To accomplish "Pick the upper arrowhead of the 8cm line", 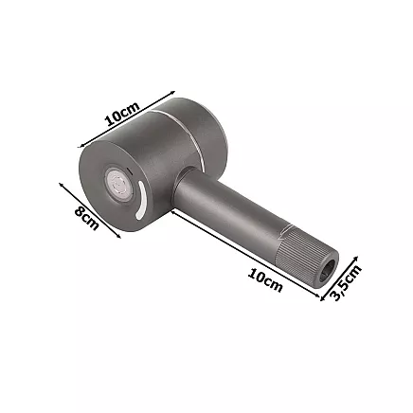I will coord(61,185).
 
